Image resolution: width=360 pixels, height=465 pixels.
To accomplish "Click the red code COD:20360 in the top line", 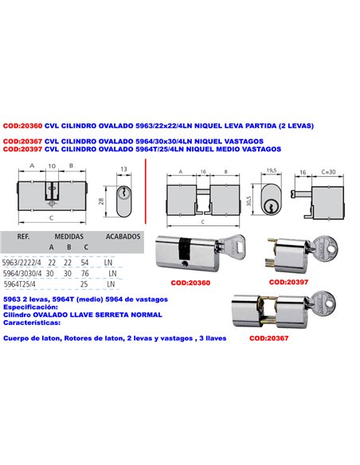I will (22, 126).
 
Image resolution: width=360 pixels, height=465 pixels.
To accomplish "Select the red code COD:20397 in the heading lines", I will (22, 148).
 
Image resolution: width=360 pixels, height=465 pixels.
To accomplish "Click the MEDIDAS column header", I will (69, 237).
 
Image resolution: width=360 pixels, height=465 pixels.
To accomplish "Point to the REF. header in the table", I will (24, 237).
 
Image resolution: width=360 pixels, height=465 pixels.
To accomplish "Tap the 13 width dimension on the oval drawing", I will (123, 170).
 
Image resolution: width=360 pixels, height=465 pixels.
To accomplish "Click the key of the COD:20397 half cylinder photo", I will (327, 240).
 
